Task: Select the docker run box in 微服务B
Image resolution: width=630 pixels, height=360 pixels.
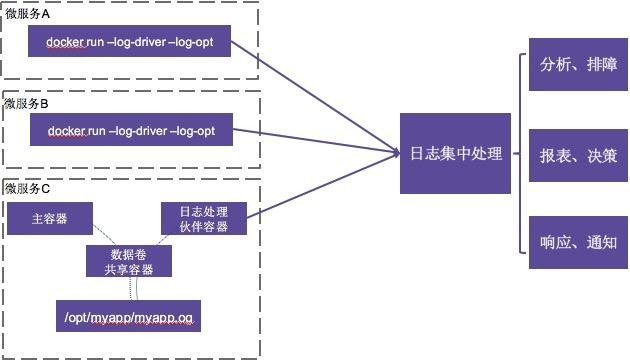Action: pos(132,131)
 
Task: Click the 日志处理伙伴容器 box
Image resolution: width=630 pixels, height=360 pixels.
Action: pos(204,220)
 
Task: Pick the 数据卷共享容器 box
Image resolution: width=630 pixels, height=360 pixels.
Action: pos(128,261)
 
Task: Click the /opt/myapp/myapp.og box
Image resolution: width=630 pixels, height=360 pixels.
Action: pos(128,318)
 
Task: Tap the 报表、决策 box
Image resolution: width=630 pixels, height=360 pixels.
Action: pos(577,155)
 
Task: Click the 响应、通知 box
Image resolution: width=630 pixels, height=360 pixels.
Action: pos(577,241)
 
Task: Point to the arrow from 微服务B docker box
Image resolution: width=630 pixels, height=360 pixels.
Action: pos(320,141)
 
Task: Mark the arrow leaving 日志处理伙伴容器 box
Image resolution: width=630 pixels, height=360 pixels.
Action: pos(320,186)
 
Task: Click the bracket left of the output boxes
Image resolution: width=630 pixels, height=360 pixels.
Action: pos(520,155)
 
